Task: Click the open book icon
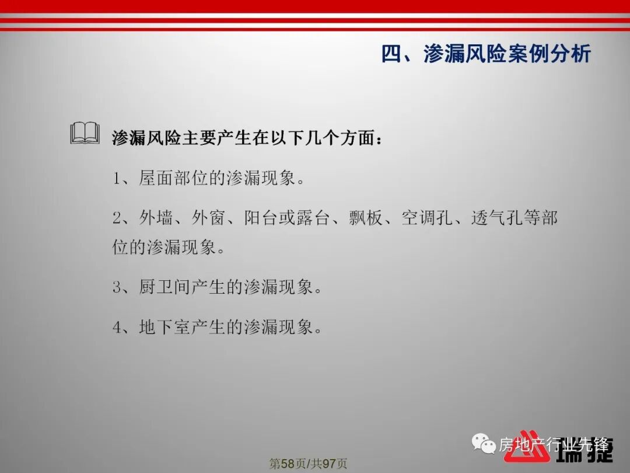coord(85,134)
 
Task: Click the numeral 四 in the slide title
coord(391,54)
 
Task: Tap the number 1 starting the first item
coord(117,179)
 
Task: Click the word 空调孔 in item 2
coord(427,218)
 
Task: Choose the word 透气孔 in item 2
coord(497,218)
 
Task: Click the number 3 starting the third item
coord(117,288)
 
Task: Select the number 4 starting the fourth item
coord(117,327)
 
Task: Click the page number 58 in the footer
coord(288,464)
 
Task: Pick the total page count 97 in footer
coord(330,464)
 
